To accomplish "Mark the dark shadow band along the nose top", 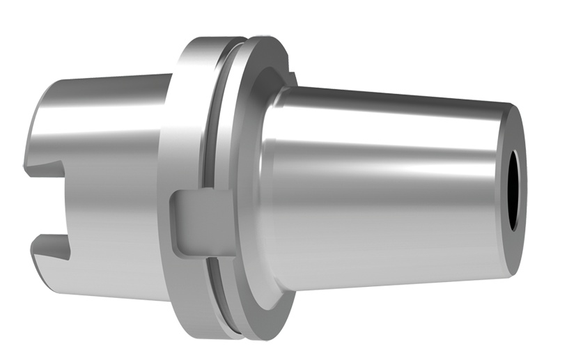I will pos(390,104).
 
